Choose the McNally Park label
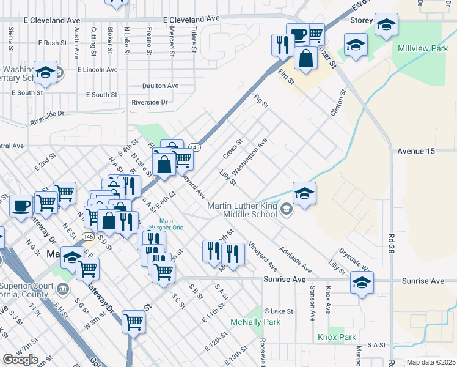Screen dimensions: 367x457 point(255,322)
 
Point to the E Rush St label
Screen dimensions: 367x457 point(52,43)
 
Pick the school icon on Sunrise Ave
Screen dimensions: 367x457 point(362,283)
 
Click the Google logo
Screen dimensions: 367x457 point(20,360)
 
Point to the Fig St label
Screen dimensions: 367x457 point(261,101)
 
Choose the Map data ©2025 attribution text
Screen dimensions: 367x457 point(431,362)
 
